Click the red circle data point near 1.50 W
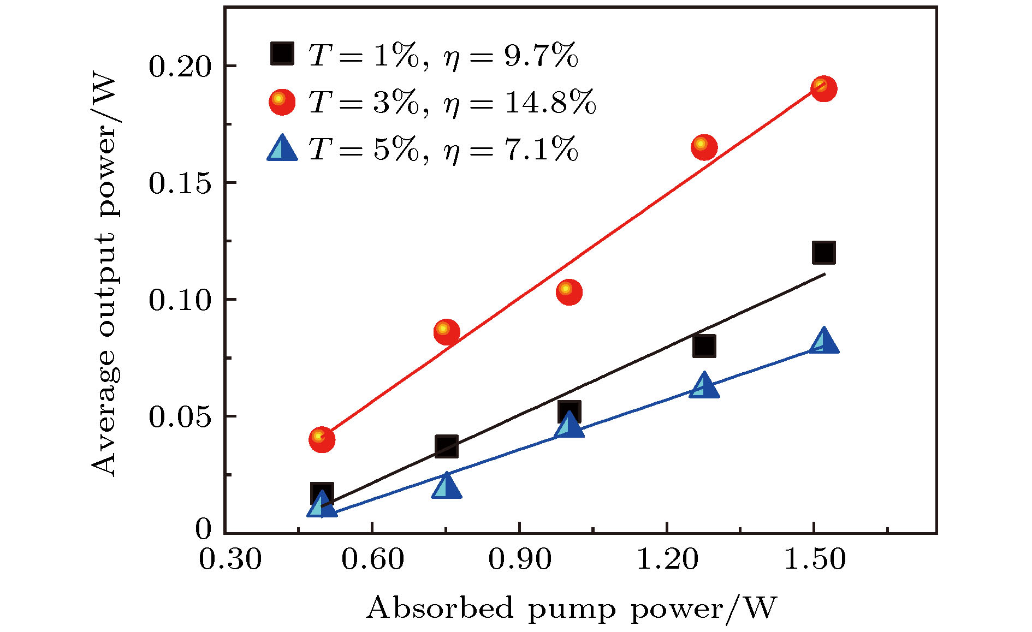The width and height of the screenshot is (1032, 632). click(823, 88)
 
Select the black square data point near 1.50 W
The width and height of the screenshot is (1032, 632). click(823, 253)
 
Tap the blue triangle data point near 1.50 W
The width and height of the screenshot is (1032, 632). click(823, 342)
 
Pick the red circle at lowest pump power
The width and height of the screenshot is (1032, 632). click(322, 439)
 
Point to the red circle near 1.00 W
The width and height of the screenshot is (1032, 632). click(569, 291)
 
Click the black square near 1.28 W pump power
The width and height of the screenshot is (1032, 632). click(704, 346)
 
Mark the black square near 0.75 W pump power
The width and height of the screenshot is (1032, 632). click(446, 446)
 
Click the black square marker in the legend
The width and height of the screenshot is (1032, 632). click(282, 53)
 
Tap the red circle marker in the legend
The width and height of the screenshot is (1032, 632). click(282, 102)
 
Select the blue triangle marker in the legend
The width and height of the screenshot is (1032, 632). click(282, 148)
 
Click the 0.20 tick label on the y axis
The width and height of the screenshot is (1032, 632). click(180, 67)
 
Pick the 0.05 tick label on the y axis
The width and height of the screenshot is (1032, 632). click(180, 417)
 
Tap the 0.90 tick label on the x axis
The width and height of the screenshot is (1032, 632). click(519, 559)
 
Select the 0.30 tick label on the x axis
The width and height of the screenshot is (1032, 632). click(230, 559)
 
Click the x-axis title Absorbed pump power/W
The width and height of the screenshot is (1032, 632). click(571, 608)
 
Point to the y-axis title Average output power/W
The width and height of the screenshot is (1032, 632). click(104, 276)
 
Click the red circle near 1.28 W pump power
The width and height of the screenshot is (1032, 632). click(704, 147)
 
